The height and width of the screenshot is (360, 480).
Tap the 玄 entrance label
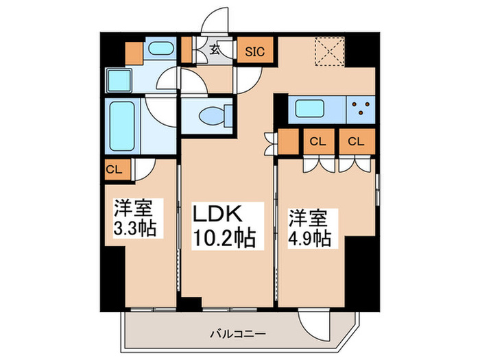coord(214,49)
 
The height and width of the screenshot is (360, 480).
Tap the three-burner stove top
coord(361,108)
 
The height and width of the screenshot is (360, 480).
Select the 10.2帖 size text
coord(222,238)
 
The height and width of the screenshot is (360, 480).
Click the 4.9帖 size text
coord(311,238)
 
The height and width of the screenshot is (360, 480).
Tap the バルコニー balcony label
coord(240,335)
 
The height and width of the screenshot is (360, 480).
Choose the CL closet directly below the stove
coord(355,142)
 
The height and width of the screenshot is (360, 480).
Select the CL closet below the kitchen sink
coord(317,142)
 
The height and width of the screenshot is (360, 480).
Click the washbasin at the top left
coord(161,49)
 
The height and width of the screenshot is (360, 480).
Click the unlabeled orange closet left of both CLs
coord(286,142)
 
